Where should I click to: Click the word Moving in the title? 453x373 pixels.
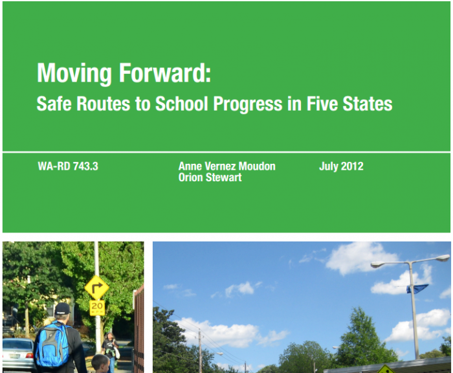(74, 73)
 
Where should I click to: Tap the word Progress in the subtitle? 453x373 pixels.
(248, 104)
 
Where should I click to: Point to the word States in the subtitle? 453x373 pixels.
(367, 104)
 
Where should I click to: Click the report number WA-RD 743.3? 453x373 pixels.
(68, 166)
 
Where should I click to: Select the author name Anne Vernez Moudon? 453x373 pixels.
(226, 166)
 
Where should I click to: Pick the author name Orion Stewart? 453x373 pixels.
(210, 177)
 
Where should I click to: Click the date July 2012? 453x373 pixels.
(341, 166)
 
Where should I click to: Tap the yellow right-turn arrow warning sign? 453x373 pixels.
(97, 288)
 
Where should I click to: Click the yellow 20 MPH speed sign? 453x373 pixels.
(97, 308)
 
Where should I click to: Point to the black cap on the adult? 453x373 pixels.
(62, 309)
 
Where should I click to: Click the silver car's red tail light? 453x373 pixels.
(29, 356)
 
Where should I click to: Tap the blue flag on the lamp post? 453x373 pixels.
(417, 289)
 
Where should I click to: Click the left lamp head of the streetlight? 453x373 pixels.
(379, 264)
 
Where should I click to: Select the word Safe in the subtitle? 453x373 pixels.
(54, 103)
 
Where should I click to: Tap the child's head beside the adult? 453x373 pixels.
(100, 363)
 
